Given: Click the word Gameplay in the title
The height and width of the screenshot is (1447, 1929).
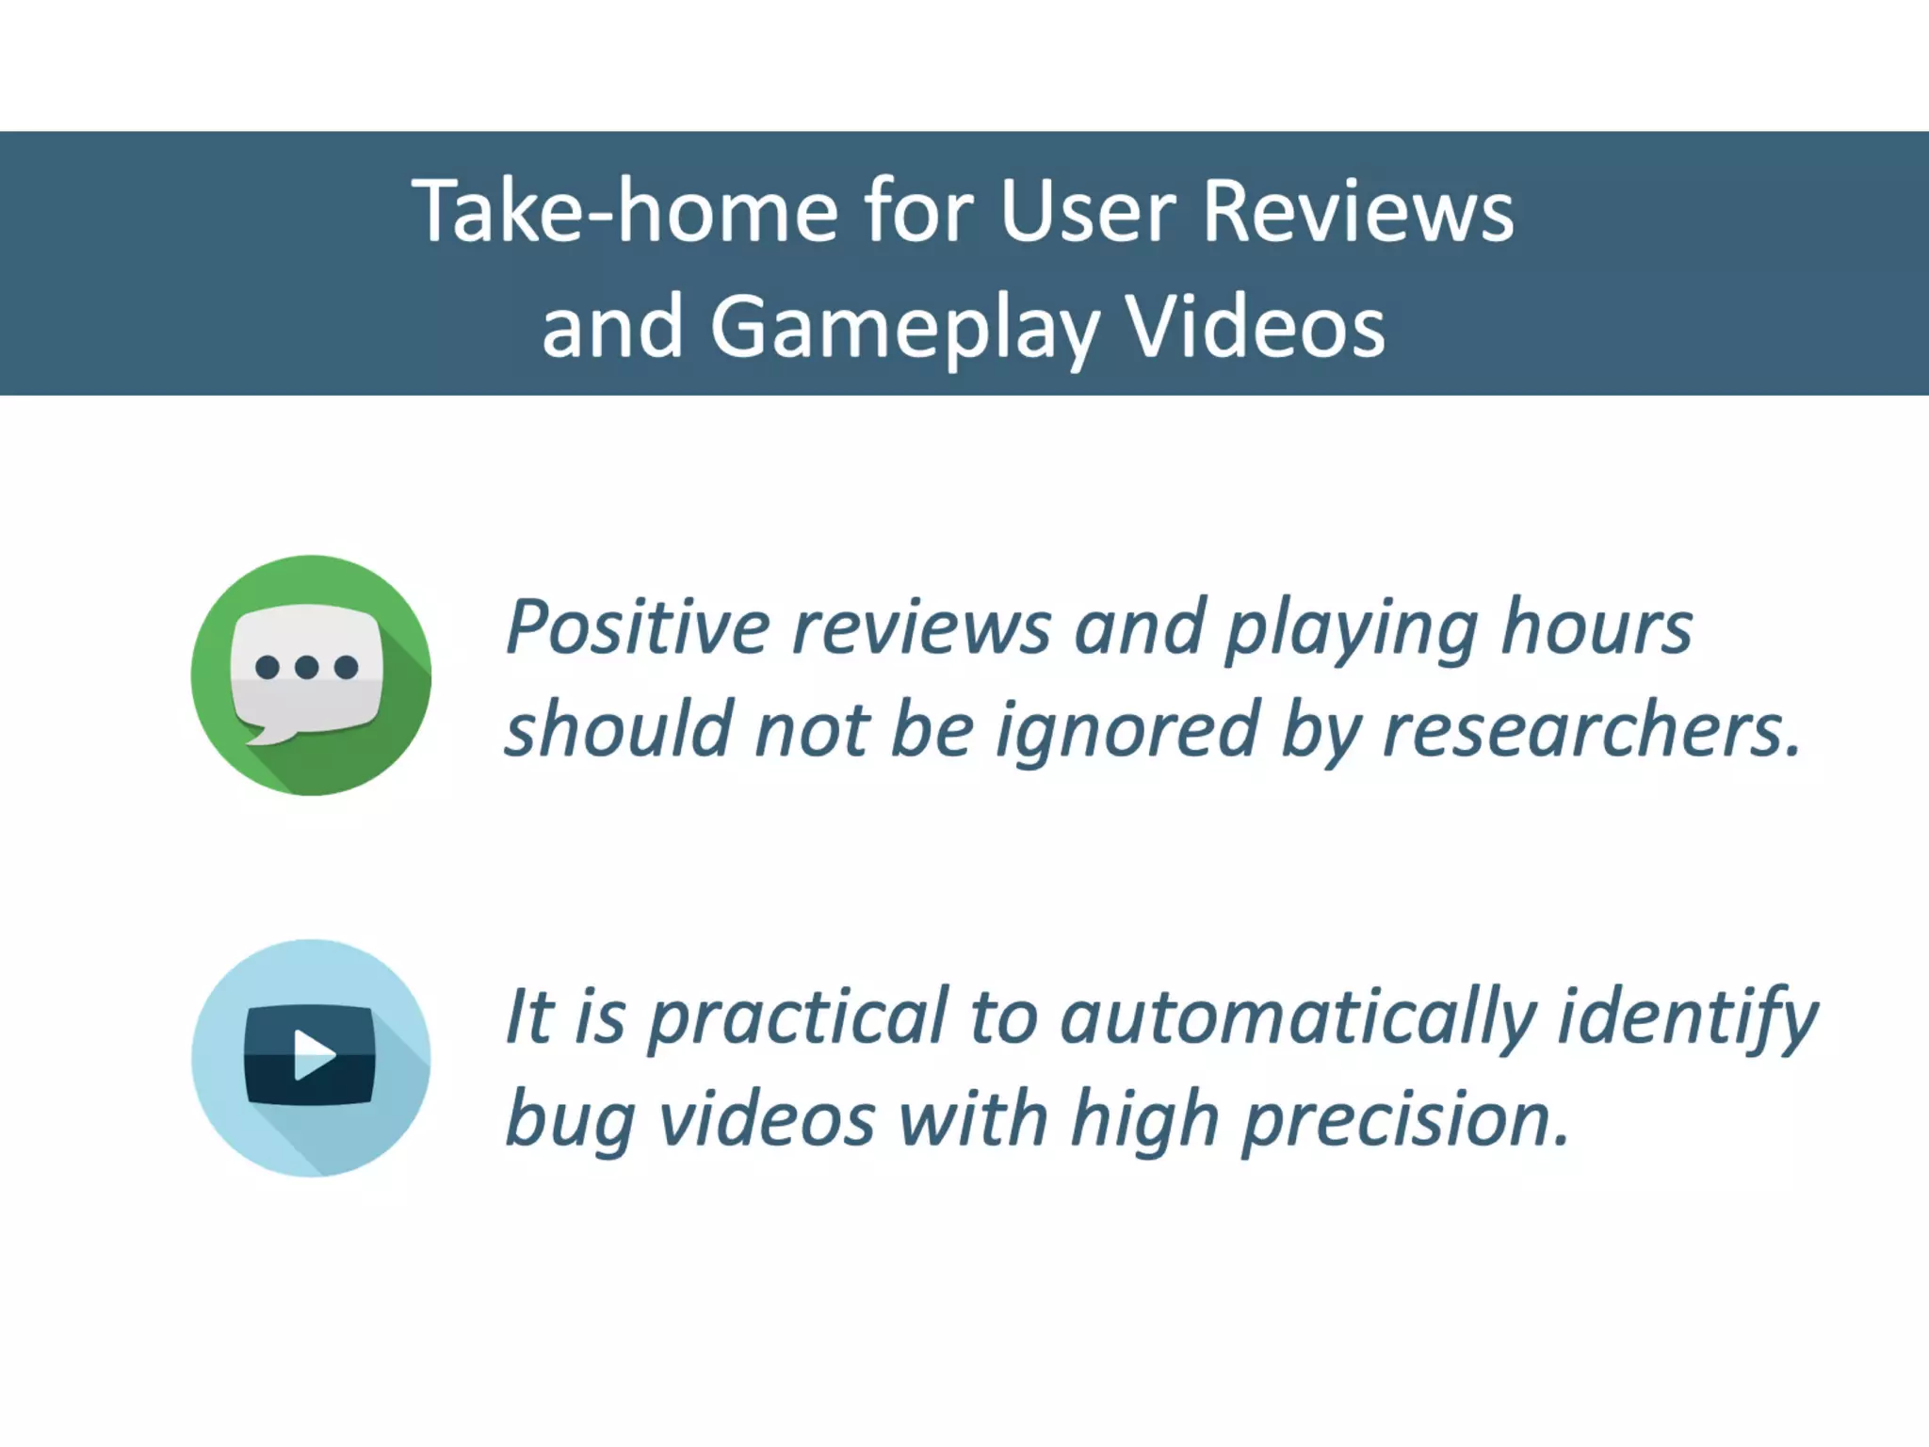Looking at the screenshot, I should [x=904, y=329].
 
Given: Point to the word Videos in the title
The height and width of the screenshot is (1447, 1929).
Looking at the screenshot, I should [x=1256, y=327].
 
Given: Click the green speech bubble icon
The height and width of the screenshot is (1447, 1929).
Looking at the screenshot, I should [x=310, y=675].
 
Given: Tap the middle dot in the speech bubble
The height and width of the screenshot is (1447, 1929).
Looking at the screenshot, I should [x=306, y=667].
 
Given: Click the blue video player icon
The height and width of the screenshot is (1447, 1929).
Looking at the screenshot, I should [x=310, y=1057].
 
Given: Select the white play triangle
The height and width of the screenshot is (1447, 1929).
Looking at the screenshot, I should [x=314, y=1054].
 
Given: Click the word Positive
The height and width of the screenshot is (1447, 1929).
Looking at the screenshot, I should [x=638, y=626].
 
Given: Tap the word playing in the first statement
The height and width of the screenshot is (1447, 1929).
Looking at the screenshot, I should [x=1351, y=630].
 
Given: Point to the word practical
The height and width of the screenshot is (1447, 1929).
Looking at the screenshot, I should [x=798, y=1019].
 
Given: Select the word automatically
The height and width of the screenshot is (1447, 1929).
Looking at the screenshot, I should [x=1298, y=1019].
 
